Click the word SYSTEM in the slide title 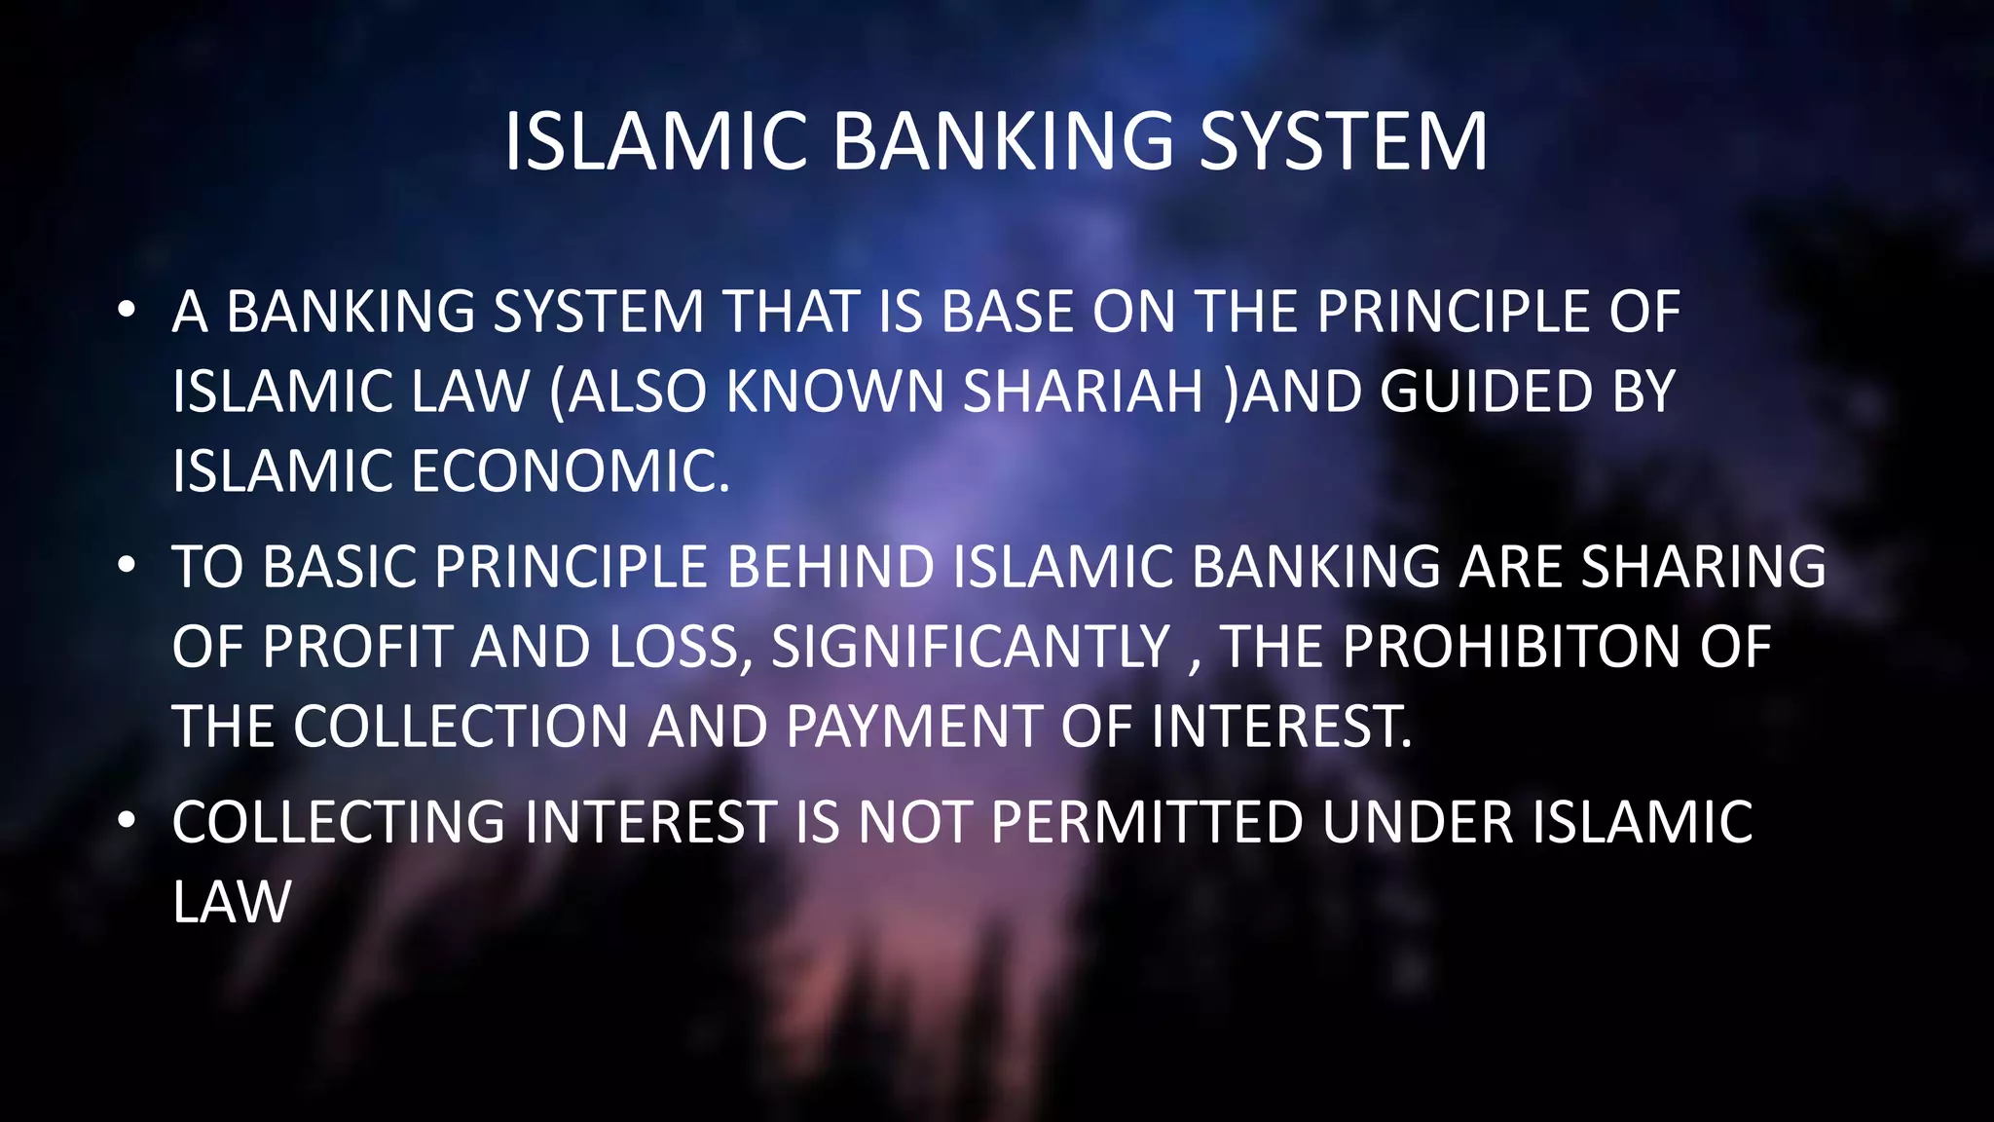(1343, 142)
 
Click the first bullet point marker (125, 311)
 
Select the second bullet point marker (125, 566)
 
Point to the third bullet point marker (125, 821)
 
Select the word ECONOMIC (570, 471)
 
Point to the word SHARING (1703, 567)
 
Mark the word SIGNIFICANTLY (970, 647)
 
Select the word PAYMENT (914, 727)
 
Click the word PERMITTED (1146, 822)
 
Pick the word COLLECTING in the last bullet (339, 822)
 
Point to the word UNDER (1418, 822)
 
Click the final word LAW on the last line (232, 902)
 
